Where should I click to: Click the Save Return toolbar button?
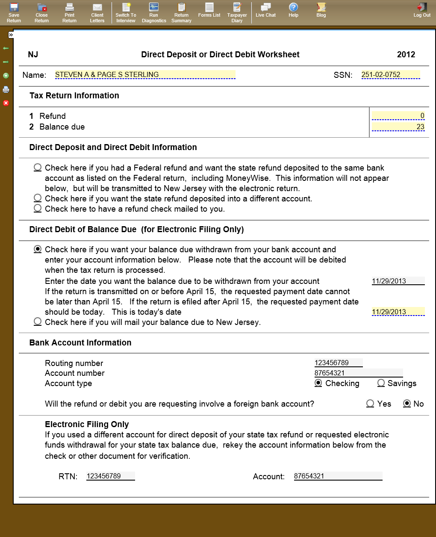[x=14, y=12]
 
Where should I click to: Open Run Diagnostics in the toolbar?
[x=154, y=12]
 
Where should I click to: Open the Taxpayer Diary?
[x=237, y=12]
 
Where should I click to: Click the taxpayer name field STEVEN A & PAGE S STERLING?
[x=145, y=75]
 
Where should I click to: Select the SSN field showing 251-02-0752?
[x=390, y=75]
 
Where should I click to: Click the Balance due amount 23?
[x=398, y=127]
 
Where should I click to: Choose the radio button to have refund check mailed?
[x=38, y=208]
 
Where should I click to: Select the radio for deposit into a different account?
[x=38, y=198]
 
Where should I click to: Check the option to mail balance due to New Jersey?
[x=38, y=322]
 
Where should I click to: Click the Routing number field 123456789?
[x=338, y=363]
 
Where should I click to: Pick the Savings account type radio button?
[x=381, y=383]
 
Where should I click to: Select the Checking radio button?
[x=318, y=383]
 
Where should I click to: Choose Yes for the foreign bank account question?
[x=371, y=404]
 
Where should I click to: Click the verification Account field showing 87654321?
[x=338, y=476]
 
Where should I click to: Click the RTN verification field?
[x=110, y=476]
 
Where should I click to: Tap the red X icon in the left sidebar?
[x=6, y=103]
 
